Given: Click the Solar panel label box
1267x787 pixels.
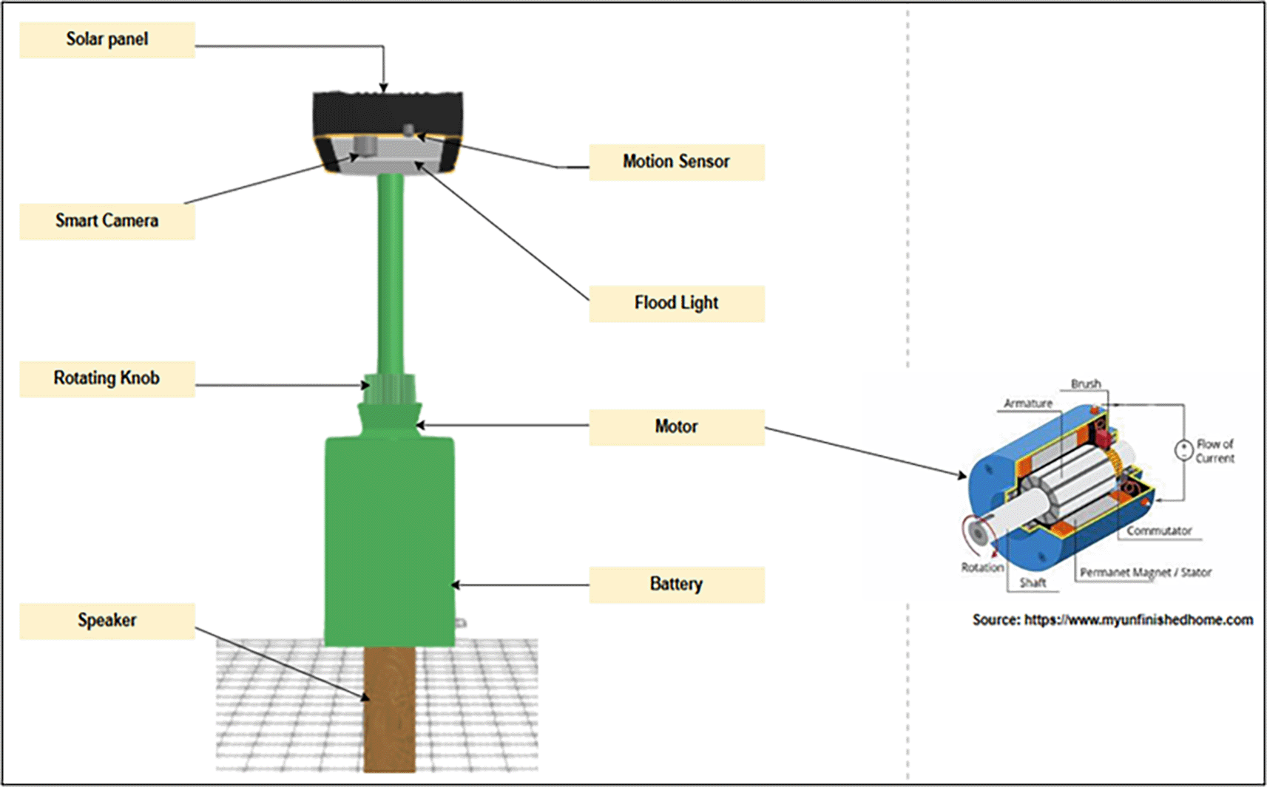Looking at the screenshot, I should point(107,40).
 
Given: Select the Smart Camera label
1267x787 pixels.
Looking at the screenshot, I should point(107,221).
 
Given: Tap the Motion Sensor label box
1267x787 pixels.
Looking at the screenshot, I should point(676,162).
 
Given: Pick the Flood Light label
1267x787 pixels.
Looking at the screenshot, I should point(676,303).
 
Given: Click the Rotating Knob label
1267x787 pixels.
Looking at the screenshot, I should point(107,378).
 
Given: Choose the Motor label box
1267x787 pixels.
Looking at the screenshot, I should point(676,427).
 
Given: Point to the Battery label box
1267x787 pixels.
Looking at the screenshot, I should point(676,585).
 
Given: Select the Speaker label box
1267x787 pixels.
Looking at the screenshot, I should point(107,621).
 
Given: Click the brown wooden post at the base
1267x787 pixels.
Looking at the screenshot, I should point(390,709).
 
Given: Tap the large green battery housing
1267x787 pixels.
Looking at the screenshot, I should point(390,539).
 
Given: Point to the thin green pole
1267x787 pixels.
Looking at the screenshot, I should point(391,273).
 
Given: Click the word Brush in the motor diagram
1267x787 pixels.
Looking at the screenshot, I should point(1086,384).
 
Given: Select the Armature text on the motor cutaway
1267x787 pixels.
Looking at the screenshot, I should point(1028,403).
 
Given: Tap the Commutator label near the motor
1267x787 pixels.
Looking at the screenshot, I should point(1159,531).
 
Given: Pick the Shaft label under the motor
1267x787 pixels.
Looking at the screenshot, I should point(1033,582).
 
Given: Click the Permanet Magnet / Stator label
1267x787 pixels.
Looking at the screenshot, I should point(1146,572).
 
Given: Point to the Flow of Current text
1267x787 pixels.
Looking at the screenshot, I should point(1214,451).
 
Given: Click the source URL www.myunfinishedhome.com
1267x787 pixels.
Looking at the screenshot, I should point(1138,620).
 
